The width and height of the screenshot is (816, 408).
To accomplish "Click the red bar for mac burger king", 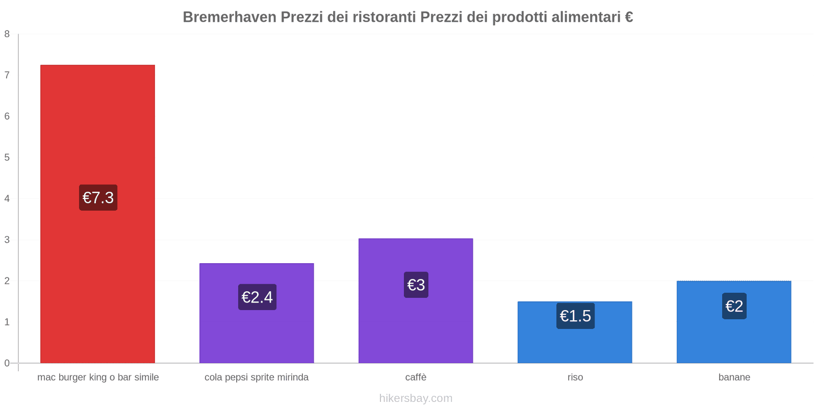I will click(97, 127).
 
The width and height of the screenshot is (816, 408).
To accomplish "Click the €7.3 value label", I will click(98, 197).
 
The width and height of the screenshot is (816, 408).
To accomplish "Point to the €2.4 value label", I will click(257, 297).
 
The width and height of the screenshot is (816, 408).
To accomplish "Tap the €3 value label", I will click(416, 285).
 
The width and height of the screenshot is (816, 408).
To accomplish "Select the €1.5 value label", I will click(575, 316).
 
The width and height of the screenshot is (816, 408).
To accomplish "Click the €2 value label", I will click(734, 306).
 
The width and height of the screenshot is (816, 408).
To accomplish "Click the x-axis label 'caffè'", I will click(416, 377).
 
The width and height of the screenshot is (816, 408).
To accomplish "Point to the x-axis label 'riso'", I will click(575, 377).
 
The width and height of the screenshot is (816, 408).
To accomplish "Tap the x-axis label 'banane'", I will click(734, 377).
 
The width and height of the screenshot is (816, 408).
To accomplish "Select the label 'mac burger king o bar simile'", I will click(98, 377).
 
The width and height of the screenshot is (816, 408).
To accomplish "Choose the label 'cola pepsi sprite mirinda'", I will click(257, 377).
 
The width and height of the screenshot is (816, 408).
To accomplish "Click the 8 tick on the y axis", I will click(7, 34).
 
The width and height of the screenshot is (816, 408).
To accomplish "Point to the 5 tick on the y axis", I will click(7, 158).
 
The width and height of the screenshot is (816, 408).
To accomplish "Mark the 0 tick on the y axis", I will click(7, 363).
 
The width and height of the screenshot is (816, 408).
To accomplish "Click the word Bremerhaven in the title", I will click(229, 17).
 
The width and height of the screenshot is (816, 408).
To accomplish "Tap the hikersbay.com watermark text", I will click(416, 398).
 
